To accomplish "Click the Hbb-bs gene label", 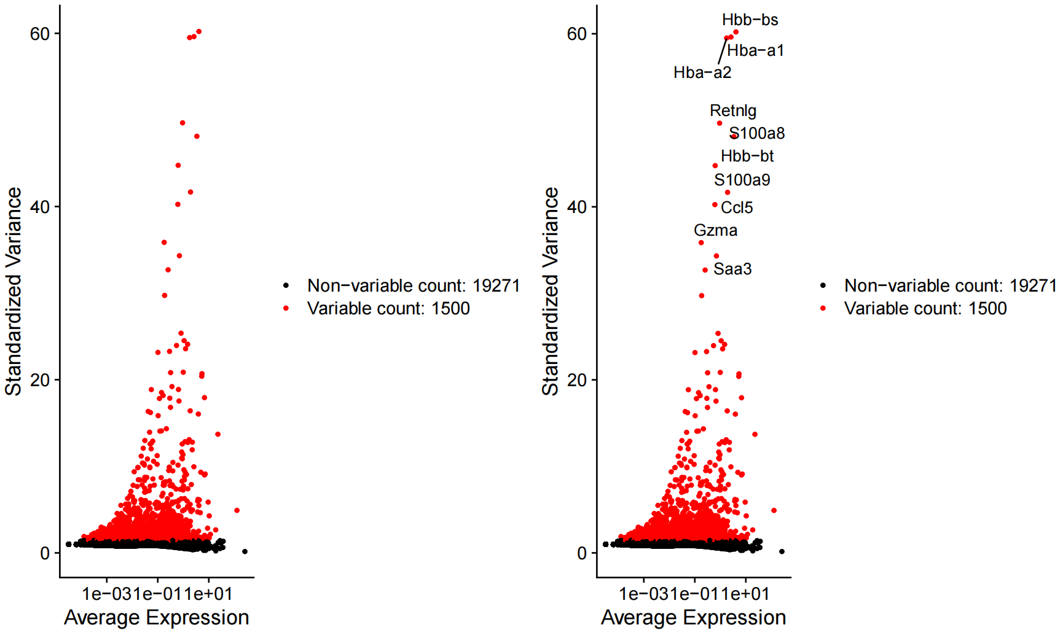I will [750, 20].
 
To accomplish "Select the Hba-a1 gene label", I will [756, 51].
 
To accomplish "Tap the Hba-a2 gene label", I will [702, 73].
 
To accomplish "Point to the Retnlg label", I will [733, 111].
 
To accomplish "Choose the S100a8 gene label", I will [757, 134].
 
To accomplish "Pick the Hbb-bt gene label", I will [747, 157].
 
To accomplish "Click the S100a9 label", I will [742, 181].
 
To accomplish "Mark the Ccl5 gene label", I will [737, 208].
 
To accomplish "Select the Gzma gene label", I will [716, 231].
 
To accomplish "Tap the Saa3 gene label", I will [732, 270].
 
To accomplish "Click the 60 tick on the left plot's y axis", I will [40, 34].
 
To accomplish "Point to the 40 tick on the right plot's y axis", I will [577, 207].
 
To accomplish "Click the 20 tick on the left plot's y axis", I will [40, 380].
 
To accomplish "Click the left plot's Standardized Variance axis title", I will [14, 292].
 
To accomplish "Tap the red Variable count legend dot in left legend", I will [286, 308].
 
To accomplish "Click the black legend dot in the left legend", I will [286, 285].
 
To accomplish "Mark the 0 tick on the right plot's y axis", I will [582, 553].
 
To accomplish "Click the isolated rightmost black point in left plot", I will [245, 551].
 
